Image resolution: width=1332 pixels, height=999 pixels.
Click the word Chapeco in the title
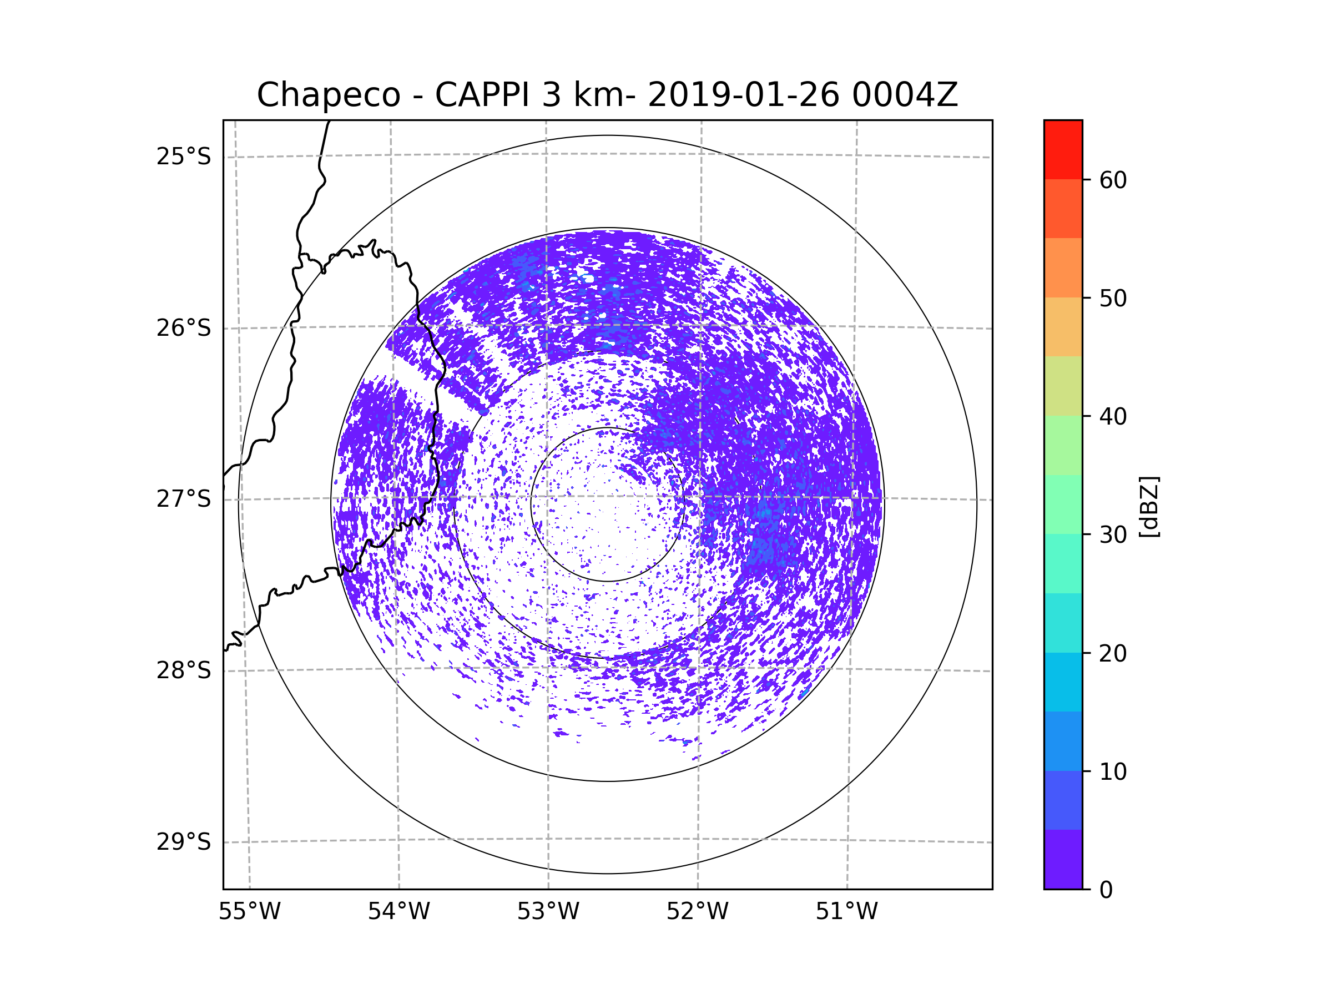328,95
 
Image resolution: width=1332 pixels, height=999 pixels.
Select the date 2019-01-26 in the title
743,95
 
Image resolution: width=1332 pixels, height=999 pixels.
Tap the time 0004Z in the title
905,95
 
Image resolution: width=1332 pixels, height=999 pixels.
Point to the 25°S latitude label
184,157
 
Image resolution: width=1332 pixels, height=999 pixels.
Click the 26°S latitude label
184,328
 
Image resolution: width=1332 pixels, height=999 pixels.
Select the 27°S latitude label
184,499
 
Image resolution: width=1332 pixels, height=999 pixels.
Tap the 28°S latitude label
184,670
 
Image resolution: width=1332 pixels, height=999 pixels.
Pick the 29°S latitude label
184,842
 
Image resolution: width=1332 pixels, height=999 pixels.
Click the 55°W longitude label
249,912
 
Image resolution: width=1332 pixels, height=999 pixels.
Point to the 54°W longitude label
398,912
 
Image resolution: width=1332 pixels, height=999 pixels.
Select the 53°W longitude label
548,912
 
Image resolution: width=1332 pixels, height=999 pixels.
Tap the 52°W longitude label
697,912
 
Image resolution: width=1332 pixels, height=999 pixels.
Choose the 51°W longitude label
846,912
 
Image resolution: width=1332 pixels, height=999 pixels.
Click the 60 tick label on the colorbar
1113,180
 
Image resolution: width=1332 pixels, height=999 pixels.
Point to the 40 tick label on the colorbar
1113,417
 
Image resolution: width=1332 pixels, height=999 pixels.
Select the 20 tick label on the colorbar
1113,653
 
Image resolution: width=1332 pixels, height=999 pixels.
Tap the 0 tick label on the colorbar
1106,890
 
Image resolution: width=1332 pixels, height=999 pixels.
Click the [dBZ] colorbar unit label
1149,506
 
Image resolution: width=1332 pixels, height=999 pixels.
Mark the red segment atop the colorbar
1063,149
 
